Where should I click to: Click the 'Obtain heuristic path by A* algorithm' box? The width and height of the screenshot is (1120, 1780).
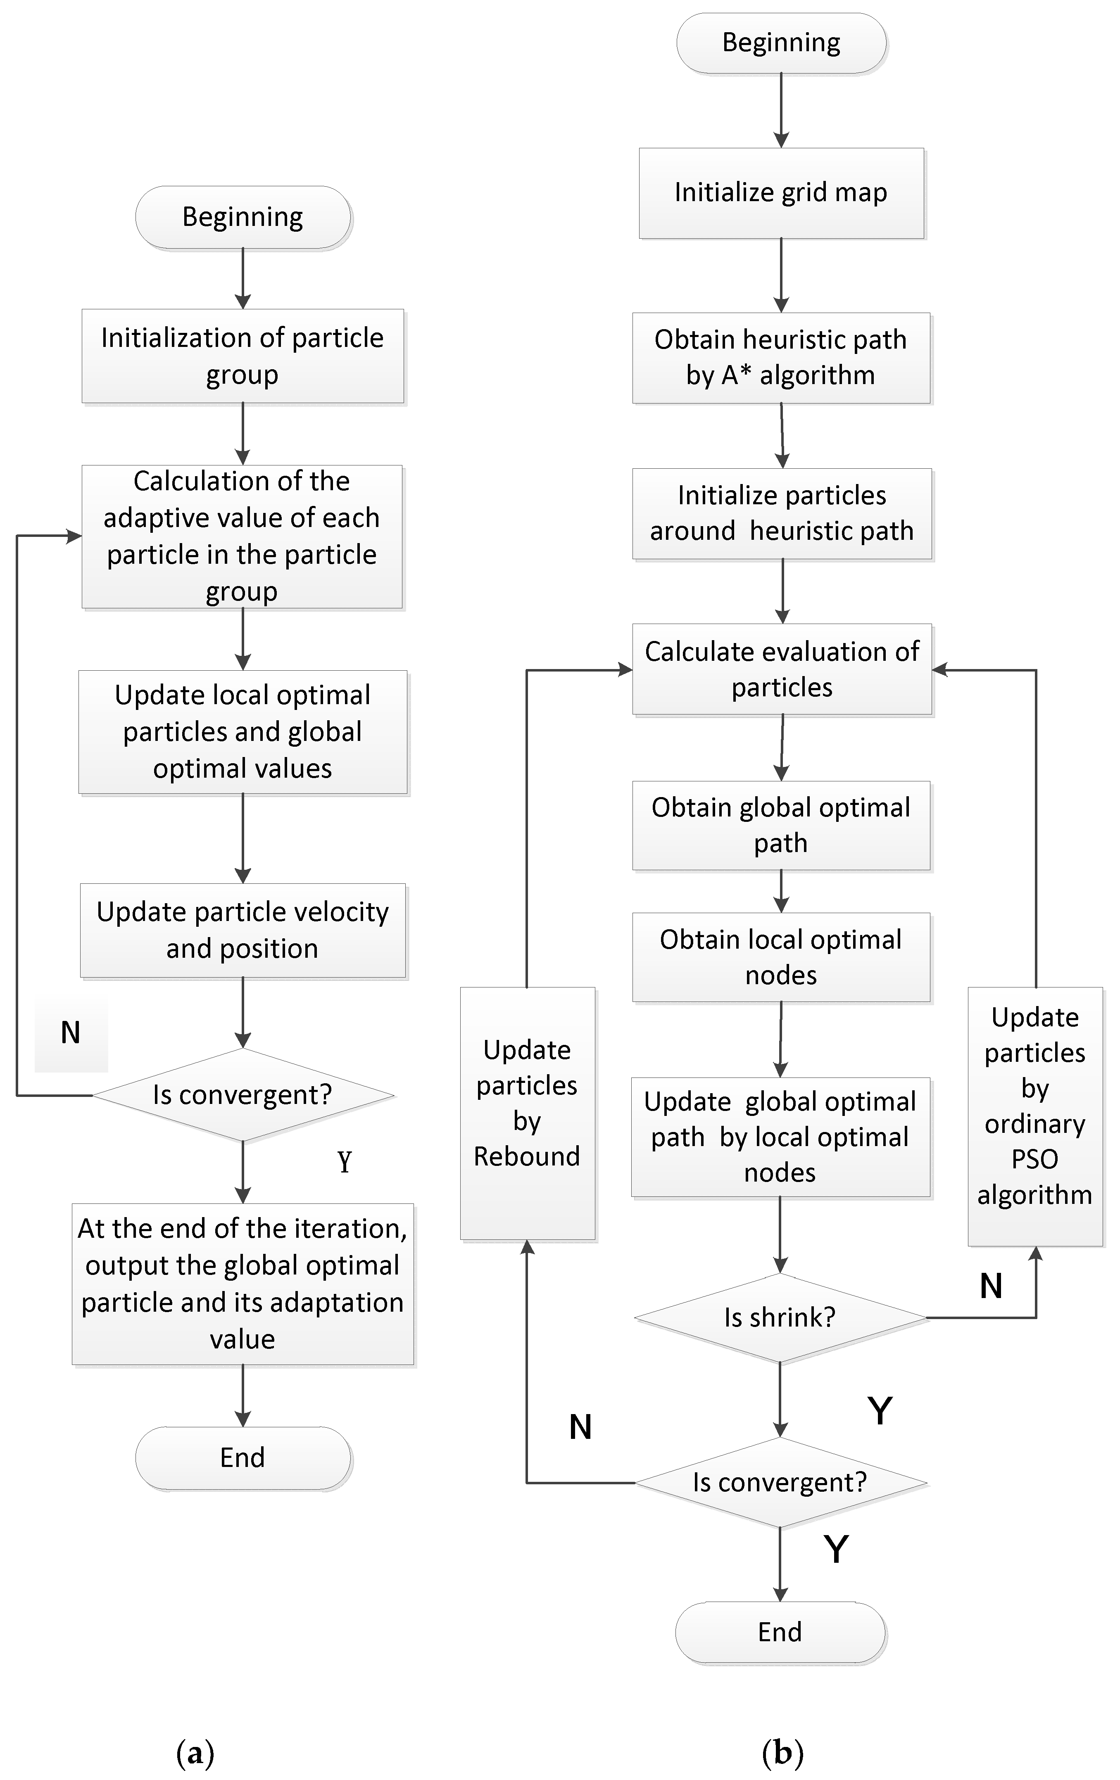click(781, 358)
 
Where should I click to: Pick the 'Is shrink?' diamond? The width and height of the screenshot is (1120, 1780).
click(780, 1317)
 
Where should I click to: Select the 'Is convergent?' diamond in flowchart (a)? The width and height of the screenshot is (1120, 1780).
click(243, 1095)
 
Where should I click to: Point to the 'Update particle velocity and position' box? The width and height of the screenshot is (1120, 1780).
click(243, 930)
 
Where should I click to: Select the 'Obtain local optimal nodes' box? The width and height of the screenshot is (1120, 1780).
click(781, 957)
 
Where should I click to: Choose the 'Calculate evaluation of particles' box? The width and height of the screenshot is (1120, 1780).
click(781, 669)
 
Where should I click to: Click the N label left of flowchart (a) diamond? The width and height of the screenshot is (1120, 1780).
click(70, 1032)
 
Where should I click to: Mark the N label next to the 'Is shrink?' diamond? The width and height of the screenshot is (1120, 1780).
click(991, 1286)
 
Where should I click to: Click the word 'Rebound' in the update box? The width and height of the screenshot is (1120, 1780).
click(527, 1156)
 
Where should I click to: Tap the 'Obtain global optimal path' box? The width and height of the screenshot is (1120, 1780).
click(781, 825)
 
